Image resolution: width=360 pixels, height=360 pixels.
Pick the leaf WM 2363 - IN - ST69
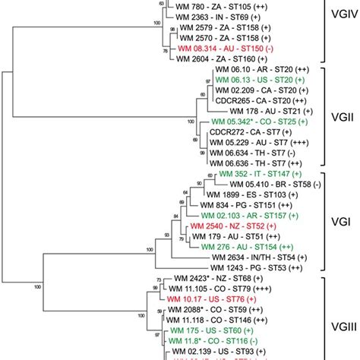[225, 15]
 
